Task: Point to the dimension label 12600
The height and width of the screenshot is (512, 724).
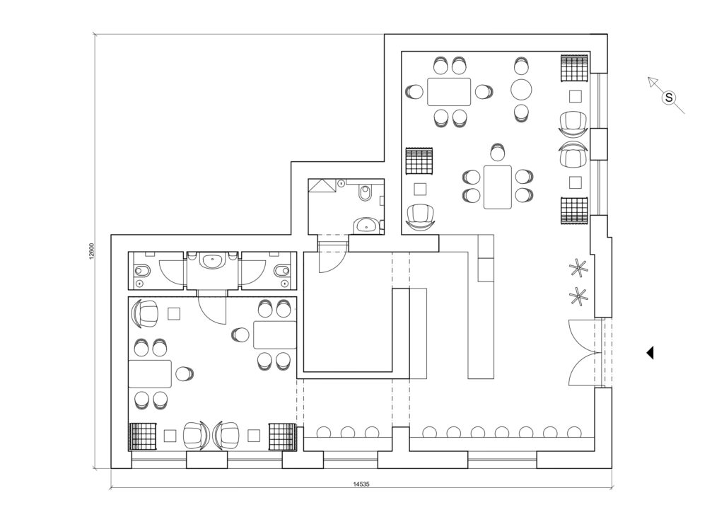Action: (92, 252)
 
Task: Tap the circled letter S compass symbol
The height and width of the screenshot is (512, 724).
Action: (668, 98)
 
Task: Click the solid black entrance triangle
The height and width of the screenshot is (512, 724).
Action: (650, 353)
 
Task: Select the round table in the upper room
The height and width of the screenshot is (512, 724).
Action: (521, 90)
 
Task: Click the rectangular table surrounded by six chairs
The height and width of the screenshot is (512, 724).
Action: (449, 92)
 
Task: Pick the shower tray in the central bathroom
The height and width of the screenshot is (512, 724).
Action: (322, 187)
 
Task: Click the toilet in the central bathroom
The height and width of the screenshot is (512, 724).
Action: (364, 193)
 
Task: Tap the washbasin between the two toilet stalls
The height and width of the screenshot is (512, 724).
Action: (213, 261)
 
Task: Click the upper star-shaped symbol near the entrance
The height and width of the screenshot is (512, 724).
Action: (578, 268)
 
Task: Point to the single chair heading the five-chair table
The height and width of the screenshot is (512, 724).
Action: (497, 152)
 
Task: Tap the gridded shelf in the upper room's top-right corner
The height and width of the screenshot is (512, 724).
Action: (574, 68)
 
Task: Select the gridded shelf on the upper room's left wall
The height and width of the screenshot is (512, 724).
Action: (419, 161)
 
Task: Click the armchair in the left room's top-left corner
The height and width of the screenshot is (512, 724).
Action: (146, 313)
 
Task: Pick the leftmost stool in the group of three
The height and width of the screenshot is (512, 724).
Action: (324, 432)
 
